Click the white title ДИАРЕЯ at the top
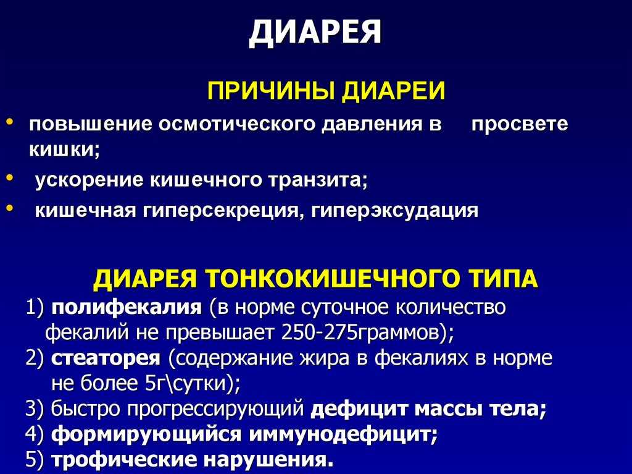315,32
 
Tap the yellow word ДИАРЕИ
394,90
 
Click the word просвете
520,124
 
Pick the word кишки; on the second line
64,150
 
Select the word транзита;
318,180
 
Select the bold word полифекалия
127,308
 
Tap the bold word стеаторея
106,358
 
